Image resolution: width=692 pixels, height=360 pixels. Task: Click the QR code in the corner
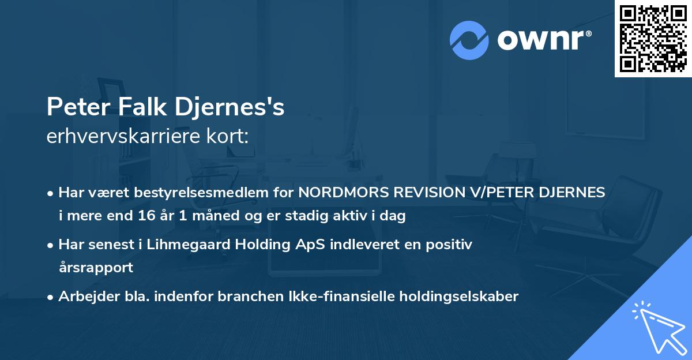[653, 38]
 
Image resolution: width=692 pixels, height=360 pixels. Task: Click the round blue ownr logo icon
[469, 39]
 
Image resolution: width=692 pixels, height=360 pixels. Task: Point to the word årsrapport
[96, 268]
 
